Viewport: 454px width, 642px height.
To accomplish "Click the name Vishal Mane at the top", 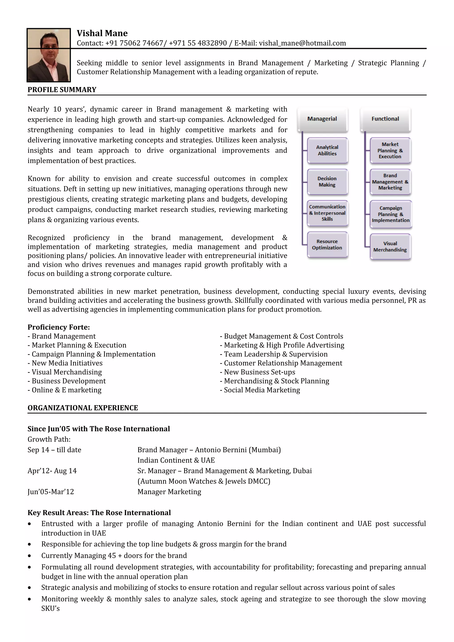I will (102, 33).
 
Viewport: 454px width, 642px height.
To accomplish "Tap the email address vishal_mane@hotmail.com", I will (302, 43).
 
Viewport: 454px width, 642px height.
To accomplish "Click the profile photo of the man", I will (49, 55).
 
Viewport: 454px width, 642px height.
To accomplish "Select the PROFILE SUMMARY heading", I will (62, 90).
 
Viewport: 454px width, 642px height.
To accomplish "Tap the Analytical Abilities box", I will (327, 150).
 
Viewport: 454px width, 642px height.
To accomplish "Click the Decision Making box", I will (327, 182).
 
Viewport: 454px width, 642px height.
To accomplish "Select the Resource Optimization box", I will (327, 245).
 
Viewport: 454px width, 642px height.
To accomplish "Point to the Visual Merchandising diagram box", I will (390, 247).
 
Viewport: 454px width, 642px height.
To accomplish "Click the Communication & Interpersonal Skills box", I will (327, 213).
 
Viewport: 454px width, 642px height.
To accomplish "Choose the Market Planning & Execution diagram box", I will (390, 150).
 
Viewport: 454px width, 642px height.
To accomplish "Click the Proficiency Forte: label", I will (59, 327).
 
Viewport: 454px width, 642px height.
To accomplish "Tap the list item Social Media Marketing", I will (262, 390).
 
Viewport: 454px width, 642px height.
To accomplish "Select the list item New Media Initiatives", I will (67, 363).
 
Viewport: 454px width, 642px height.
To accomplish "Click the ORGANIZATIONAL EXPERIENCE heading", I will (83, 408).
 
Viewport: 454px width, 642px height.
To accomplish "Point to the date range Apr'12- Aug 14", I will (52, 471).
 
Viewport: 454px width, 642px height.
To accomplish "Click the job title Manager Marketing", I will (169, 492).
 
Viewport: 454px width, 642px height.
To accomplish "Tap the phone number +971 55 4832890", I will (198, 43).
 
